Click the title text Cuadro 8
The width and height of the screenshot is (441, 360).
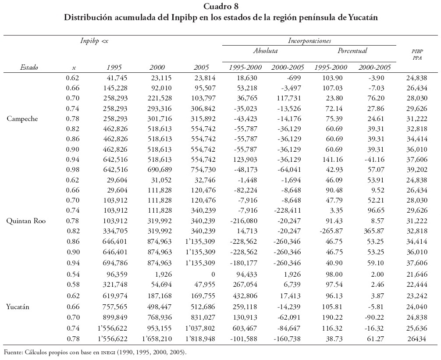point(221,7)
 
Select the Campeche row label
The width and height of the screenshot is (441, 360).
point(22,119)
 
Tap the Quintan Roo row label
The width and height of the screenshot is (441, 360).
point(25,221)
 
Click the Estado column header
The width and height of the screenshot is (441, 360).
point(29,68)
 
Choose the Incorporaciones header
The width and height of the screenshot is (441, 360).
point(309,41)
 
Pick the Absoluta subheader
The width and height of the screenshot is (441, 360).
point(265,51)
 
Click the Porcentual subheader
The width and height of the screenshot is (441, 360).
point(352,51)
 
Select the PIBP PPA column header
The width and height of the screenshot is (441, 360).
point(417,54)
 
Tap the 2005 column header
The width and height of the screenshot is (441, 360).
point(201,68)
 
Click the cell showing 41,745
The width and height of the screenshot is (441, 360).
point(112,78)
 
